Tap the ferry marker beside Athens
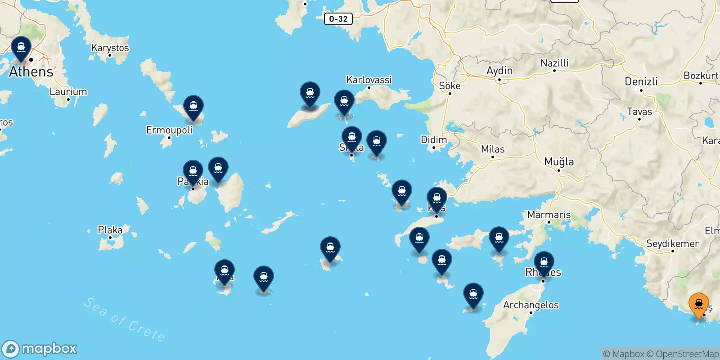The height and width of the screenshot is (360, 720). (x=21, y=49)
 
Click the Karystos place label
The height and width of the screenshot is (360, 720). (x=110, y=48)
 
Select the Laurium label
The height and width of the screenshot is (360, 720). (x=68, y=91)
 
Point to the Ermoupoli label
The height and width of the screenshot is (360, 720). (x=169, y=130)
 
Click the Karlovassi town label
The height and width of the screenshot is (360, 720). (x=369, y=80)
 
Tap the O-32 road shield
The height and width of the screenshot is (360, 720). (x=338, y=19)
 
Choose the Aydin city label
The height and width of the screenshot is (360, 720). (x=499, y=71)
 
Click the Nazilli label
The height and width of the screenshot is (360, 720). (x=554, y=63)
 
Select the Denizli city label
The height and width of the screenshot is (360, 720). (x=641, y=81)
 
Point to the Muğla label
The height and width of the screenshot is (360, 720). (x=559, y=162)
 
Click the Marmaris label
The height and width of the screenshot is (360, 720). (x=549, y=215)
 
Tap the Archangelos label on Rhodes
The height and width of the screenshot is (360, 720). (x=531, y=305)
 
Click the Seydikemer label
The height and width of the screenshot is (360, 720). (x=672, y=243)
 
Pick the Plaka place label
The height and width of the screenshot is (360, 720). (x=110, y=230)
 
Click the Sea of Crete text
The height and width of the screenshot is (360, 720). (x=124, y=319)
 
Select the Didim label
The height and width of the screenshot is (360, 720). (x=434, y=139)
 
